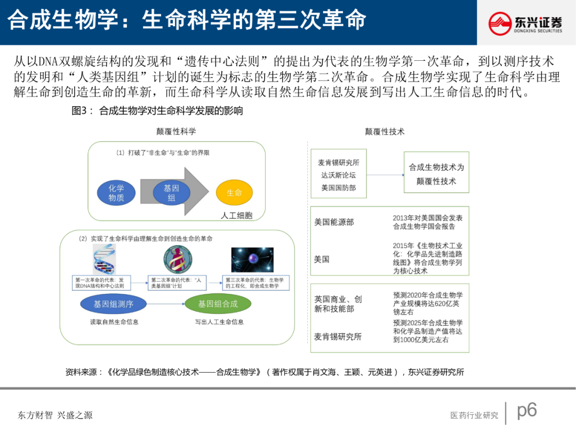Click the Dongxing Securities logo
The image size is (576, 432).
525,23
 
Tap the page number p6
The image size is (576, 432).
527,410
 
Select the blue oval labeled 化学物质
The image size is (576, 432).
116,193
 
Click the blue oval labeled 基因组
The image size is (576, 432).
171,193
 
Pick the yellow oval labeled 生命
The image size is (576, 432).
234,193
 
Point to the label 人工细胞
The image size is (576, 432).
237,215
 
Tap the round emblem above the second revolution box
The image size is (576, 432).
177,260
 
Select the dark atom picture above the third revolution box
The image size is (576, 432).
252,260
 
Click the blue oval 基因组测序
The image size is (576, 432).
114,304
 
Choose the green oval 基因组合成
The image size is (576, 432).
218,304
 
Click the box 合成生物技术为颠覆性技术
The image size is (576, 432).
436,174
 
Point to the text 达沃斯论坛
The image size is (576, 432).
338,175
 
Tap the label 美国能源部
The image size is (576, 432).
334,222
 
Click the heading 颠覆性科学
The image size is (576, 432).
176,131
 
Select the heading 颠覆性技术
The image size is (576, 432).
385,131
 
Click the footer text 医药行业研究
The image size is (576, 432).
474,415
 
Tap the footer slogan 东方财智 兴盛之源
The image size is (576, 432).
55,415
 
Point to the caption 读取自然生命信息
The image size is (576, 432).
114,322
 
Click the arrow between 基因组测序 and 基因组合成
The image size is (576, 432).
166,304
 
